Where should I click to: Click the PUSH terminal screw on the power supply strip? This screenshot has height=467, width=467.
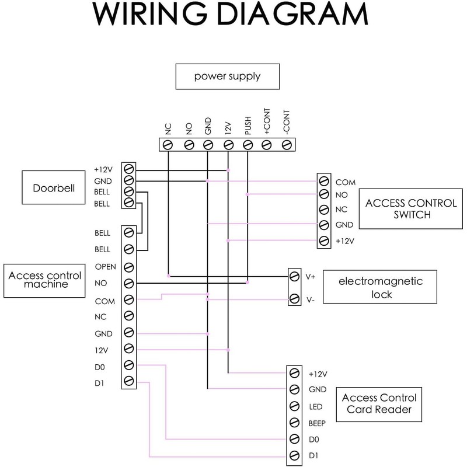click(247, 144)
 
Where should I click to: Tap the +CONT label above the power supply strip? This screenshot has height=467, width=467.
click(267, 123)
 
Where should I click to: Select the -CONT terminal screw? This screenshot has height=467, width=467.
click(286, 144)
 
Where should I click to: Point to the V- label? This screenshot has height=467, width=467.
click(312, 299)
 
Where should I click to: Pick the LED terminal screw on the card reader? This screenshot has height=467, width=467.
click(295, 406)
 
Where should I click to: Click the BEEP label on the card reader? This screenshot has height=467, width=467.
click(318, 423)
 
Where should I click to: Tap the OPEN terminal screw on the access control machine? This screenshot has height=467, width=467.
click(128, 267)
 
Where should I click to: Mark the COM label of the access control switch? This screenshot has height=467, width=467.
click(346, 182)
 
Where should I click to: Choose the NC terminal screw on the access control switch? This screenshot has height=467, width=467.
click(324, 210)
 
